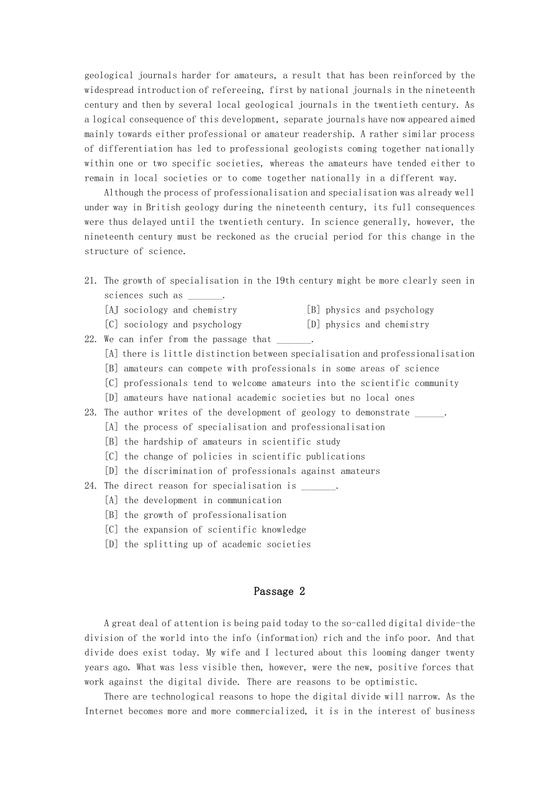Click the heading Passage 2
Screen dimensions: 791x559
coord(279,591)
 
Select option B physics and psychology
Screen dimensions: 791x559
coord(370,310)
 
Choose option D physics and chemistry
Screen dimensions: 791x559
coord(368,325)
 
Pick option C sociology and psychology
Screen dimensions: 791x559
coord(173,325)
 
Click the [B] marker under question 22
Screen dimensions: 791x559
coord(111,369)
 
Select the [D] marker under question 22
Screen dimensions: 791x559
coord(111,398)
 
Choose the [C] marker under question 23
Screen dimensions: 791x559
coord(111,457)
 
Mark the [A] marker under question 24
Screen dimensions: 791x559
coord(111,501)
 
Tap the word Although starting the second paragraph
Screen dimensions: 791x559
coord(124,193)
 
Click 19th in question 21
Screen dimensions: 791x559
coord(285,281)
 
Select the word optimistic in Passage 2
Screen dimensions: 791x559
coord(388,682)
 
